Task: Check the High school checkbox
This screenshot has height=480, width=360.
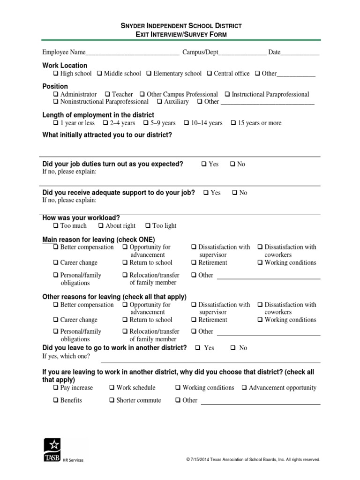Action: click(x=56, y=74)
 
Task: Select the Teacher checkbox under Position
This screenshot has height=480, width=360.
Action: click(x=107, y=94)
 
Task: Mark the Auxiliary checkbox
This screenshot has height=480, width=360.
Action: click(x=159, y=102)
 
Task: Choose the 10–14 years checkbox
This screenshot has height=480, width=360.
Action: click(x=187, y=123)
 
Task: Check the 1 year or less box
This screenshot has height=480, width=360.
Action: click(x=56, y=123)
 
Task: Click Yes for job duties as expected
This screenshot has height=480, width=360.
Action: click(x=204, y=164)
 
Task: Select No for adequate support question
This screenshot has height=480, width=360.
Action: click(x=235, y=193)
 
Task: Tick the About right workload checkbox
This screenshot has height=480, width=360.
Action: click(x=101, y=225)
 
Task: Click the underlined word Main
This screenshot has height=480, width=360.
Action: click(x=50, y=239)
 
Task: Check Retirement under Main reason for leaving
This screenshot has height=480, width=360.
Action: click(x=194, y=262)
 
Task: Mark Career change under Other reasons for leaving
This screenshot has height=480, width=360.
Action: click(x=56, y=320)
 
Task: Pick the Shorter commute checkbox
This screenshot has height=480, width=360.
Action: click(x=112, y=400)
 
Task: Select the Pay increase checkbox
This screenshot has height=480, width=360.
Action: click(x=56, y=388)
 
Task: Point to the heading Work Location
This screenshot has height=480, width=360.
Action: click(x=65, y=66)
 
